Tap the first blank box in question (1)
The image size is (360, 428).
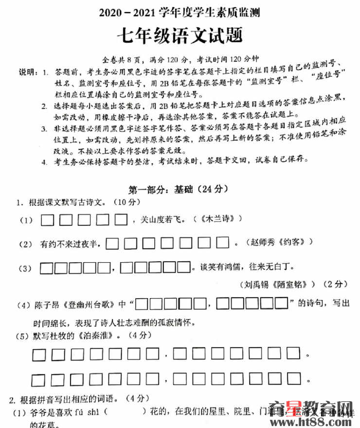(47, 221)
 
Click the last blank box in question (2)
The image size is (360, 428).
(222, 242)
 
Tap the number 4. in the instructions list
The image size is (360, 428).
(44, 160)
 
